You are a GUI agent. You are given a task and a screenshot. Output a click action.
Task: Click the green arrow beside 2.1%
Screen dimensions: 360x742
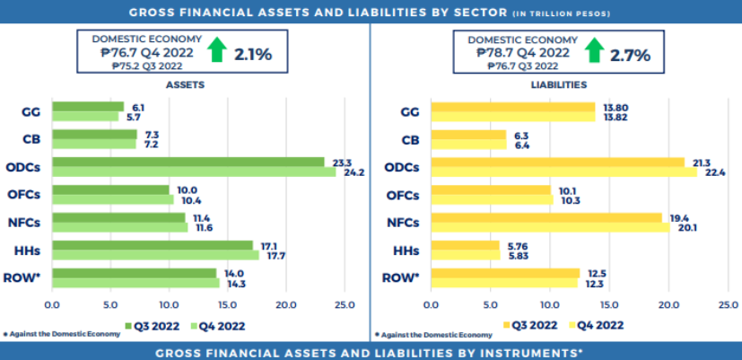[x=215, y=50]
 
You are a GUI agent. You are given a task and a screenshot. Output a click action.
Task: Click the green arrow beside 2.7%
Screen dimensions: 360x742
[x=592, y=50]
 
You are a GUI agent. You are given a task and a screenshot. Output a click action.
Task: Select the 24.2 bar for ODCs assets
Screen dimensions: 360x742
[x=193, y=171]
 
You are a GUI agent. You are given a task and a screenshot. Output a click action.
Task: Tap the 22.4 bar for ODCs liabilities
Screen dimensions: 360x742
[x=563, y=171]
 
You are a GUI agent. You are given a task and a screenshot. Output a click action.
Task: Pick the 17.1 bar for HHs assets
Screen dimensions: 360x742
[x=153, y=245]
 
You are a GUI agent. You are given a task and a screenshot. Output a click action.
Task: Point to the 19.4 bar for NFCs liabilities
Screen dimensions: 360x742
[x=546, y=217]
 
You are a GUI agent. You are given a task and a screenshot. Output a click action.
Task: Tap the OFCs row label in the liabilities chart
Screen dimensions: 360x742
[x=401, y=195]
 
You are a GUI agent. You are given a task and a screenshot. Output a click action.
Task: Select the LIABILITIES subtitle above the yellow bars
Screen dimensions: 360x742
[x=559, y=84]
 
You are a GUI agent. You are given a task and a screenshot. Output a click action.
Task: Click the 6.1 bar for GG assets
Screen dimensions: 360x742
[x=88, y=107]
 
